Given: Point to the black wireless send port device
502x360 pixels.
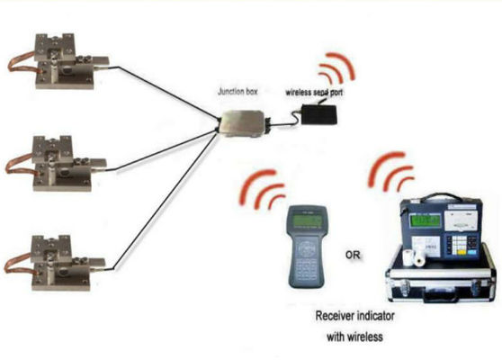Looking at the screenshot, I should pos(320,115).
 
